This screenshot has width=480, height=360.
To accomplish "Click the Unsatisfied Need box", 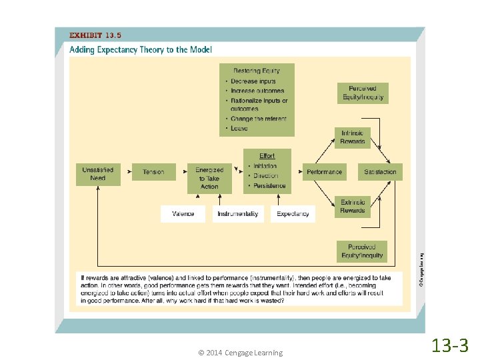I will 97,173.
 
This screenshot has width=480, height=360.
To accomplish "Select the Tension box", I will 153,172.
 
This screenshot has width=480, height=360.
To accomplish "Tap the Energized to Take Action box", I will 209,177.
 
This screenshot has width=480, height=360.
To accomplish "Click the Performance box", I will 324,172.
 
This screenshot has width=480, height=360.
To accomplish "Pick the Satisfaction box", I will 380,172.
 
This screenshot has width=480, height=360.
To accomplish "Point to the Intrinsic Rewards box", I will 353,137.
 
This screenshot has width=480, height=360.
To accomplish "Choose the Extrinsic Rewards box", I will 353,207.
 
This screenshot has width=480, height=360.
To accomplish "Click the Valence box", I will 183,213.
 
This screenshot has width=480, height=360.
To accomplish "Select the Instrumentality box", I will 237,213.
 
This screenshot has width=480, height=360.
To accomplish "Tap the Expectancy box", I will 293,213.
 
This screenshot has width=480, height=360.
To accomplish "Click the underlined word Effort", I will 267,156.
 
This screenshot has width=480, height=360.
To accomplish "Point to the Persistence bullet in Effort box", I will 269,186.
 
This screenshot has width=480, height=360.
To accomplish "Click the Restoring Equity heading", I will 257,71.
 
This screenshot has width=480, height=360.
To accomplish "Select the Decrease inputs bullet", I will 253,81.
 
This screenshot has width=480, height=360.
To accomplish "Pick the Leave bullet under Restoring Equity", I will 239,128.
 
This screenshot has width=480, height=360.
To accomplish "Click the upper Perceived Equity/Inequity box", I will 363,93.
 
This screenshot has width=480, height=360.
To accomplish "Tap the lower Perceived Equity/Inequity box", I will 362,251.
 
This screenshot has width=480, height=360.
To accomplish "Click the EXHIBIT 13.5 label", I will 96,35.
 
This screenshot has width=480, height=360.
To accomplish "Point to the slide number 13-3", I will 451,345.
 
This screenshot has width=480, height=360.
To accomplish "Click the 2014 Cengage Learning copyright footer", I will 240,353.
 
